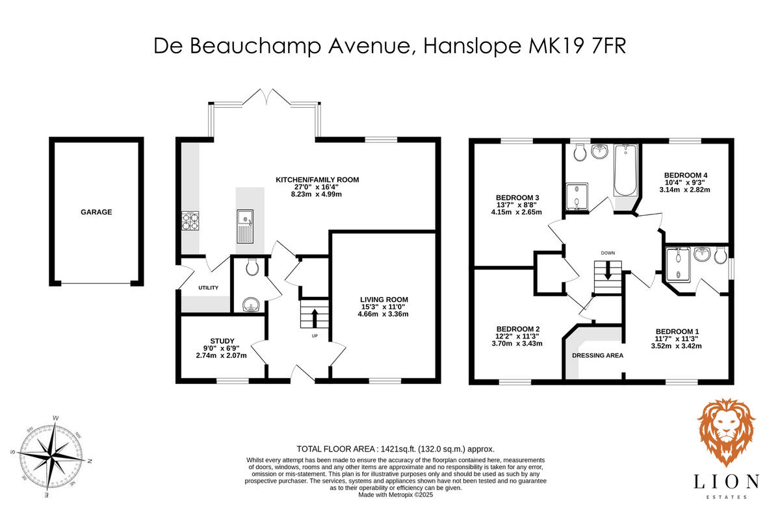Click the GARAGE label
pos(96,212)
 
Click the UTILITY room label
pos(208,288)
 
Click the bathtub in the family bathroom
pos(627,172)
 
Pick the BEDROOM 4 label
pos(686,175)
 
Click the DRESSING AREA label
pos(597,355)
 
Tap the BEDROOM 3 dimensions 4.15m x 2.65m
pos(518,212)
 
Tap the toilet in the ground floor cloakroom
pos(252,267)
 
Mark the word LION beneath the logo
pos(726,481)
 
